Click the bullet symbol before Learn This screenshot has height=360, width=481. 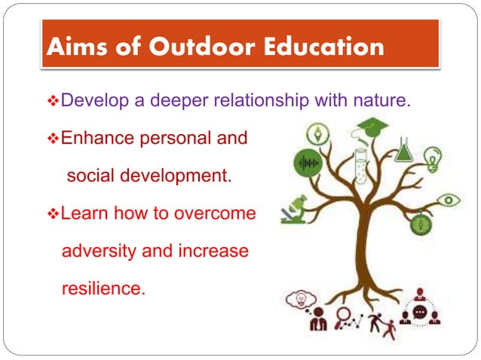click(x=53, y=214)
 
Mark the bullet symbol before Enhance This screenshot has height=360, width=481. click(x=53, y=139)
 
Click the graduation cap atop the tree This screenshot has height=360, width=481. click(x=372, y=125)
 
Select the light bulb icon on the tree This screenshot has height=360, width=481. click(x=433, y=159)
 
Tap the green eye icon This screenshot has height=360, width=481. click(x=449, y=200)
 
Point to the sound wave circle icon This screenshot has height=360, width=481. click(x=309, y=163)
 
